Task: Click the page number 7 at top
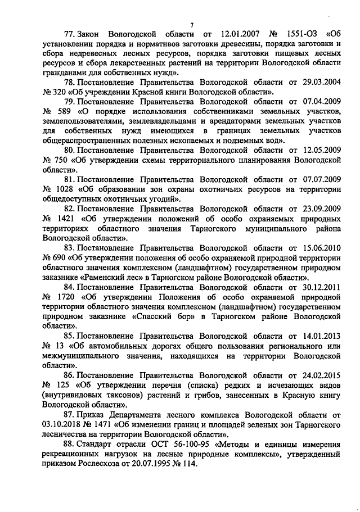coord(191,25)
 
